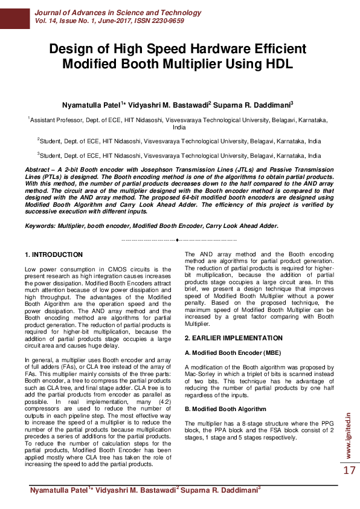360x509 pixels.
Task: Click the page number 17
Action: point(350,470)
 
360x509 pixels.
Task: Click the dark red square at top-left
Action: point(14,15)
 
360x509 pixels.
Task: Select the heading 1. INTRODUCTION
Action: point(54,255)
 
